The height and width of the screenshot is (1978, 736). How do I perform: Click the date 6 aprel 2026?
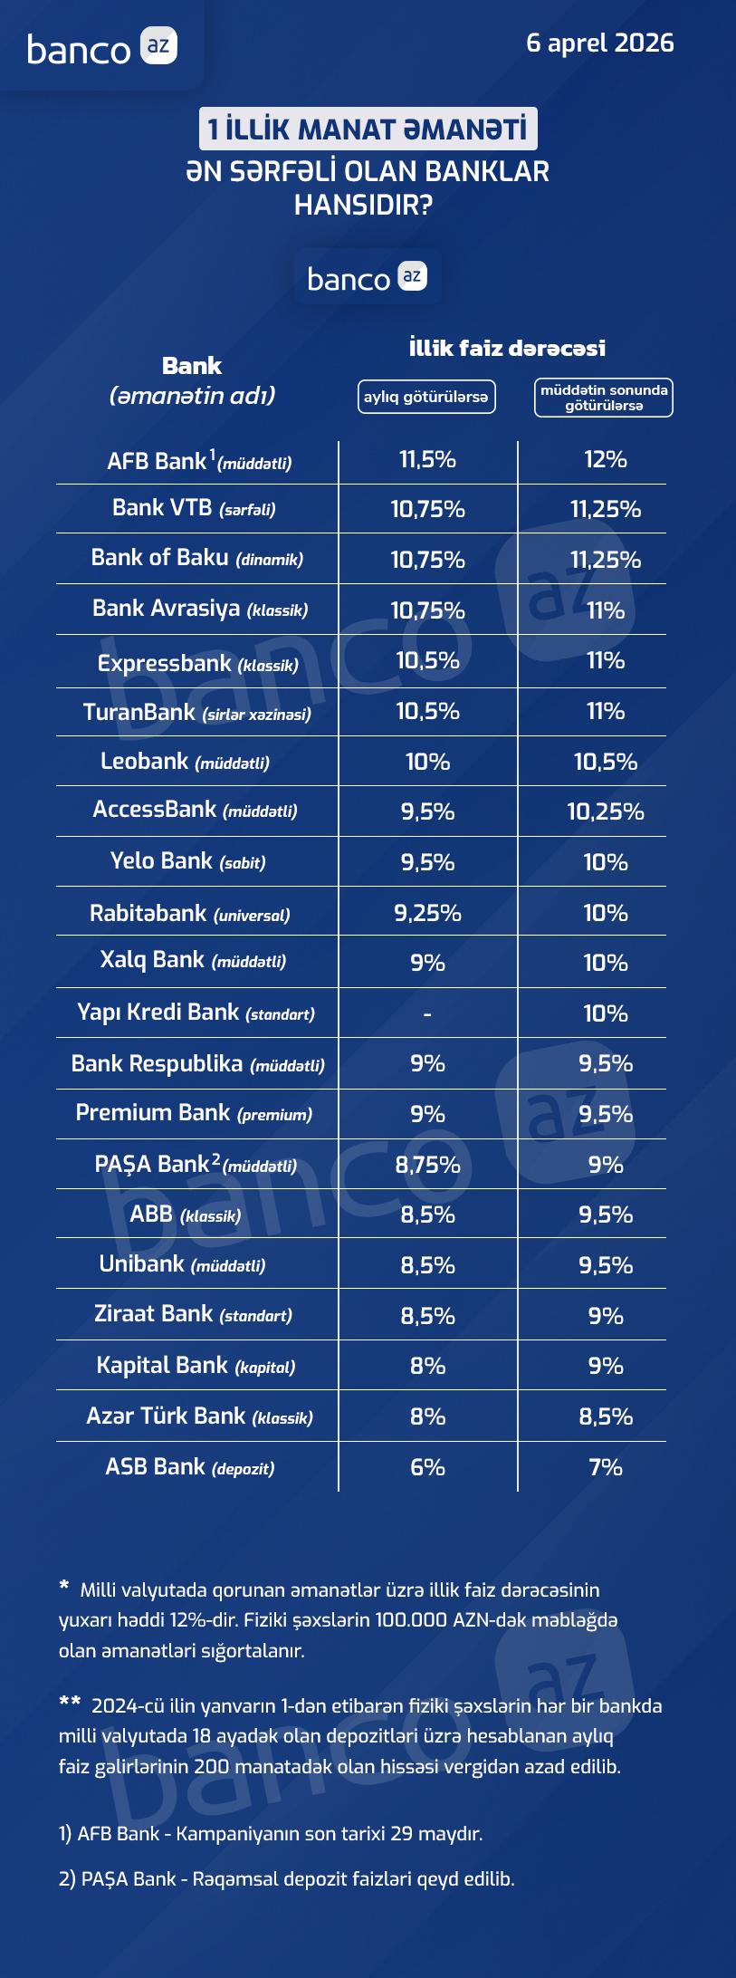(599, 43)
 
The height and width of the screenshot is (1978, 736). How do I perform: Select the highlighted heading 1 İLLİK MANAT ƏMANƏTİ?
(368, 129)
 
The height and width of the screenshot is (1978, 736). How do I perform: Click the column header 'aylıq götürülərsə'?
(426, 397)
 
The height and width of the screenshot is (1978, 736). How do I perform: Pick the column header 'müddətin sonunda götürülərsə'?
(604, 398)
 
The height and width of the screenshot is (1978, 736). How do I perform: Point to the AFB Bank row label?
(199, 462)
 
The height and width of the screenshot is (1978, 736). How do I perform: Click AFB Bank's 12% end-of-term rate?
(606, 460)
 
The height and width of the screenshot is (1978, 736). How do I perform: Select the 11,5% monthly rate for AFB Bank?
(427, 460)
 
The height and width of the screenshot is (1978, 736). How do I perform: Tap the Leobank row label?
(185, 762)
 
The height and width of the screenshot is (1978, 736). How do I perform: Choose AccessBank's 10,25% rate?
(606, 811)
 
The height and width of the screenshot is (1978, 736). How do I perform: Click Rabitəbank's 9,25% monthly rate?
(427, 913)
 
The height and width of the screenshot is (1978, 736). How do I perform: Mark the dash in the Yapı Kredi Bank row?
(427, 1014)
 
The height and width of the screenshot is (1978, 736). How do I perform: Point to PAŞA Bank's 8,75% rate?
(427, 1166)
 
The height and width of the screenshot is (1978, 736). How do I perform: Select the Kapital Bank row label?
(196, 1366)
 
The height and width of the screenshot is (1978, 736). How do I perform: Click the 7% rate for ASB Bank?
(606, 1467)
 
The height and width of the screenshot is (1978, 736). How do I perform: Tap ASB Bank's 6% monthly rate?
(427, 1467)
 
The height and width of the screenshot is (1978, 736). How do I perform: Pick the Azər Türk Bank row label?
(199, 1416)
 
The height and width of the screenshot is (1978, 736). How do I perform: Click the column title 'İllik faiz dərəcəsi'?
(507, 348)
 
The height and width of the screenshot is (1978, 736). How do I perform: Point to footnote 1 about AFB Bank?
(271, 1834)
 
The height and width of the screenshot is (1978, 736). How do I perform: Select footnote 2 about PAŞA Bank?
(286, 1879)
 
